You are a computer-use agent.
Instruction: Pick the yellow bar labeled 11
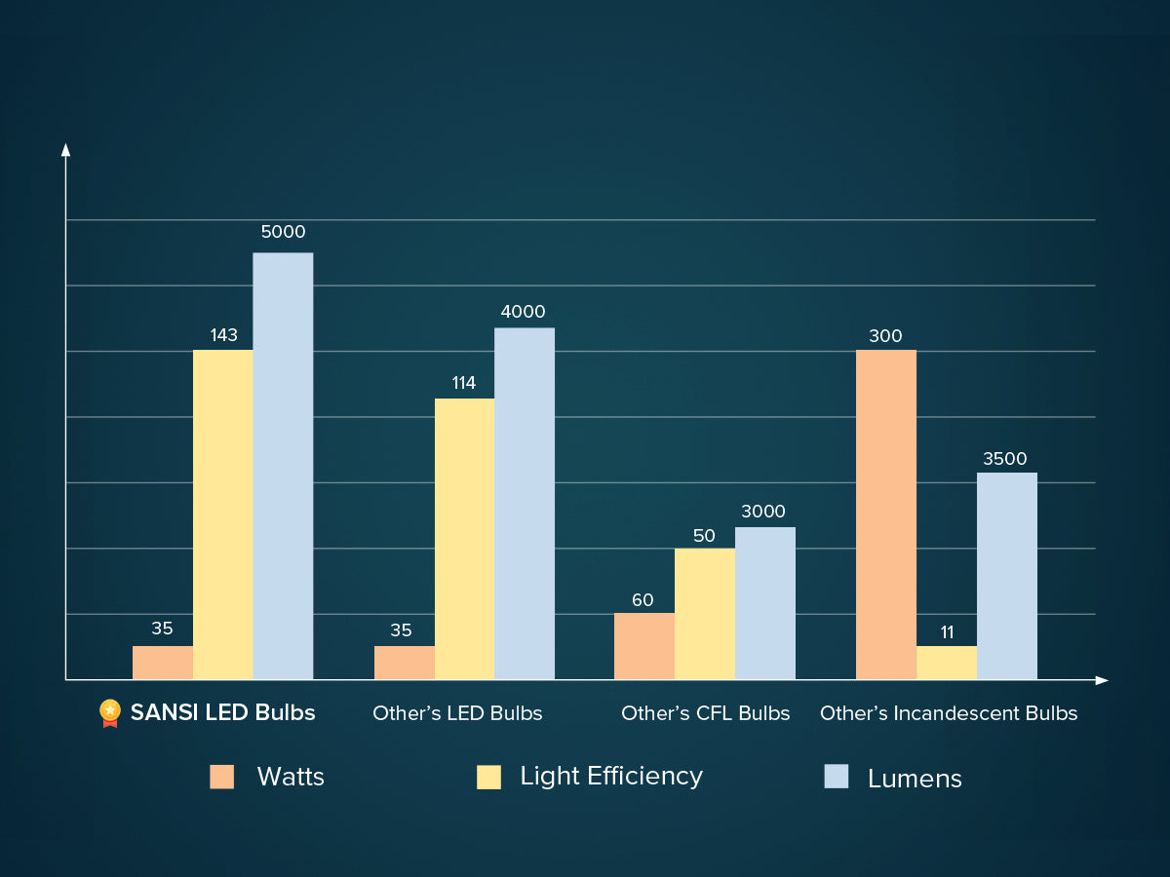(x=946, y=663)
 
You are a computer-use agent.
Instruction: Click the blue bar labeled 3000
(x=764, y=603)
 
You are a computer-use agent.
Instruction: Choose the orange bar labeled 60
(x=643, y=646)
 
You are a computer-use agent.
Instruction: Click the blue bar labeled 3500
(x=1006, y=576)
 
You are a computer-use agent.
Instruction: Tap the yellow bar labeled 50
(x=704, y=614)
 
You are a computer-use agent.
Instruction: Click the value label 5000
(x=283, y=232)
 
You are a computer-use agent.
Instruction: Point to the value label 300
(x=885, y=336)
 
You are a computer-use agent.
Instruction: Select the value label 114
(x=464, y=383)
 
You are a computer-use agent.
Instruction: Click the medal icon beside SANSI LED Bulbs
(x=110, y=713)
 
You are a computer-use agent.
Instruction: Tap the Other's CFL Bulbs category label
(x=705, y=713)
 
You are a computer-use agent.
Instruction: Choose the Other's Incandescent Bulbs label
(x=949, y=713)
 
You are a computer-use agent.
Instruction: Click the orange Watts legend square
(x=221, y=777)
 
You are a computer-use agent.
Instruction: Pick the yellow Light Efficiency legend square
(x=488, y=777)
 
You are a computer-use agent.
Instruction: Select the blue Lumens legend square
(x=836, y=777)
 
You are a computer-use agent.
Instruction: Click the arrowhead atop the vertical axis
(x=65, y=149)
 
